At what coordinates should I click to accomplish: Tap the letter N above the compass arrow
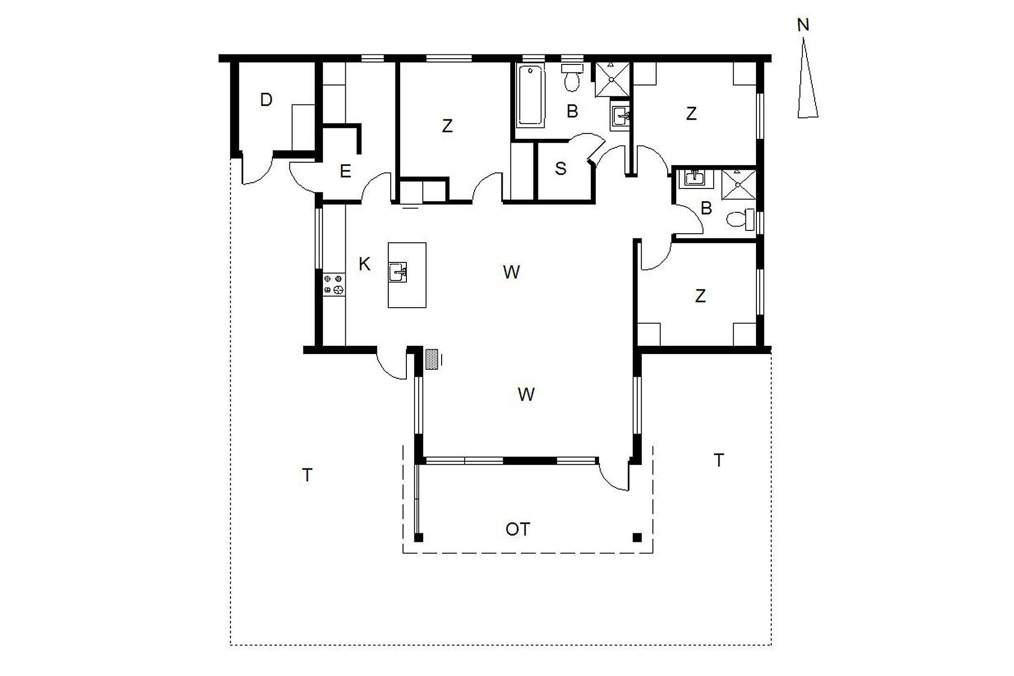(x=803, y=25)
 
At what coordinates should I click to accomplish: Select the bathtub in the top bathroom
(x=531, y=96)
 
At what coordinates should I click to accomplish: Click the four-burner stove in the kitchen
(x=333, y=284)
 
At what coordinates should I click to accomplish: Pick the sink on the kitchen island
(x=397, y=272)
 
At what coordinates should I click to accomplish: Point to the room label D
(x=266, y=100)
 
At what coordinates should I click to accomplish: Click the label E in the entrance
(x=345, y=171)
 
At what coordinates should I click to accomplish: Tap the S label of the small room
(x=561, y=168)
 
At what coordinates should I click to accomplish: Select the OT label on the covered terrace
(x=517, y=529)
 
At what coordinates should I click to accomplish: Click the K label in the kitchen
(x=364, y=264)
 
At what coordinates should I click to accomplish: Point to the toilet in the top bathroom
(x=572, y=78)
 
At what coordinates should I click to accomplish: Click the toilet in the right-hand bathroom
(x=740, y=219)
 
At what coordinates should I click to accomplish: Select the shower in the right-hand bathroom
(x=738, y=184)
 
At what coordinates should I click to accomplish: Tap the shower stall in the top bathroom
(x=611, y=79)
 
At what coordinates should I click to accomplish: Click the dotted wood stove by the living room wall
(x=432, y=359)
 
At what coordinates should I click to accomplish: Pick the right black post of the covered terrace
(x=637, y=538)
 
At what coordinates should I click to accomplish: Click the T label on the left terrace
(x=307, y=475)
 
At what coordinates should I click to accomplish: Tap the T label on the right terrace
(x=718, y=460)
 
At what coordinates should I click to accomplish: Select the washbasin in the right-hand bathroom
(x=695, y=178)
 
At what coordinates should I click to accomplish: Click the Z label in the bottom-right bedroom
(x=700, y=296)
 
